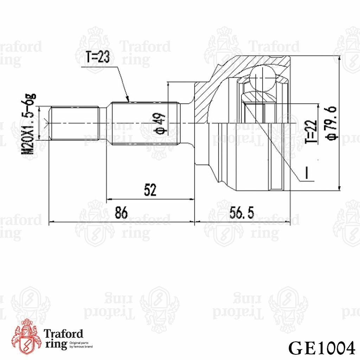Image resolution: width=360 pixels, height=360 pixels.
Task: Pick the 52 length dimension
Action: click(150, 190)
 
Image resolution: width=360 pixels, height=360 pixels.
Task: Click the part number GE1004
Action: click(321, 348)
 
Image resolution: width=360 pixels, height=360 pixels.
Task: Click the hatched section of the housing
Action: click(211, 91)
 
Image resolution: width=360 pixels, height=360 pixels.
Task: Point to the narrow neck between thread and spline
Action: click(104, 123)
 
